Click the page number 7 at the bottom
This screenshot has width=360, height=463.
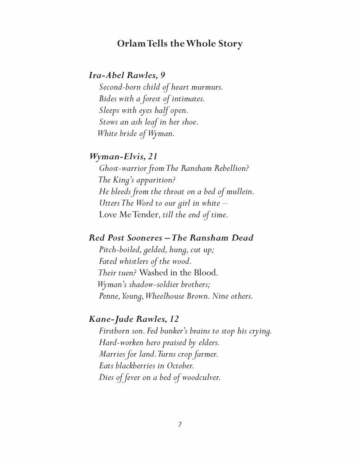point(180,425)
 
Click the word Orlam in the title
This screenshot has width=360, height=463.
point(131,44)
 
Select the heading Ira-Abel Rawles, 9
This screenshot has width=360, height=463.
point(128,75)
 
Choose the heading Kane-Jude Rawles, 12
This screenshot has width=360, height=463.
point(133,319)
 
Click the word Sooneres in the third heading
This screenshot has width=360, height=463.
point(141,238)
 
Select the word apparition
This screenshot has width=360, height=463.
point(155,180)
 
